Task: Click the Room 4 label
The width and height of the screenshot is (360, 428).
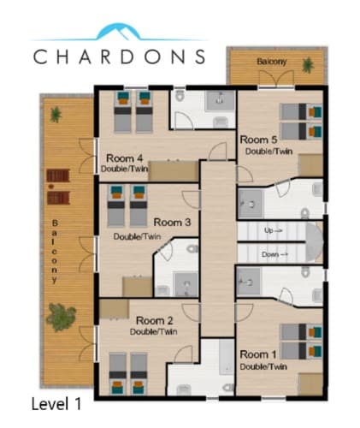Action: tap(125, 158)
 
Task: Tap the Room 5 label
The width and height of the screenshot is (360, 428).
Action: tap(258, 140)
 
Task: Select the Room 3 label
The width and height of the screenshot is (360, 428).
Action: tap(172, 223)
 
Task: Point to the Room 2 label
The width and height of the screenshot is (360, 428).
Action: tap(155, 321)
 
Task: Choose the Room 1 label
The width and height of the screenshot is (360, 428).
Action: tap(258, 354)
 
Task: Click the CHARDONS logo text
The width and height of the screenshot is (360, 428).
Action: tap(119, 56)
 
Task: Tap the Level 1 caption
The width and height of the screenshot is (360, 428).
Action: tap(56, 404)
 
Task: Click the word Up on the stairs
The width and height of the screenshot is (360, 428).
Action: tap(269, 230)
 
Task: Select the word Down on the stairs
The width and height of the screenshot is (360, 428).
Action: tap(270, 254)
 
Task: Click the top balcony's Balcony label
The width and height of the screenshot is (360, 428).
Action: tap(272, 62)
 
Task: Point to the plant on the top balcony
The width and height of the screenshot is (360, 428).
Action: tap(308, 65)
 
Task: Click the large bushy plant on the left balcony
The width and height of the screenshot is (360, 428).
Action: tap(61, 317)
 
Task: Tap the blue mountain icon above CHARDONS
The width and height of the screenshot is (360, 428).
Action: tap(119, 32)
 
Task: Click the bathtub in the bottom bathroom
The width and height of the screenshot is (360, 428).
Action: tap(227, 356)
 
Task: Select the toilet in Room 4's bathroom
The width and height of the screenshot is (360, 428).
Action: tap(180, 96)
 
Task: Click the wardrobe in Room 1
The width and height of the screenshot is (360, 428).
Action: tap(310, 384)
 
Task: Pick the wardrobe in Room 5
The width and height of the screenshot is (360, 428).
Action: tap(310, 165)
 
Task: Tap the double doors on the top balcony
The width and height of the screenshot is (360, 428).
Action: tap(276, 78)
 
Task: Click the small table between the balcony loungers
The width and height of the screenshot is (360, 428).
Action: tap(51, 187)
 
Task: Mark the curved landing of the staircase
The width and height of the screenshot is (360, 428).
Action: tap(315, 242)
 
